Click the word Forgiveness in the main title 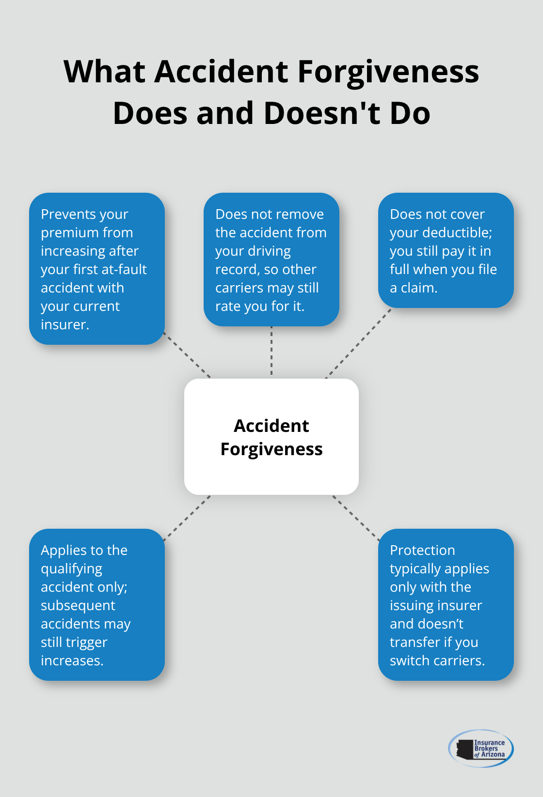(388, 72)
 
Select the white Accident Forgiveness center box (271, 436)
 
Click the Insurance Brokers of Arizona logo (480, 748)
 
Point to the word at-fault (124, 269)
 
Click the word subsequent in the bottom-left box (78, 606)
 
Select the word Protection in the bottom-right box (422, 551)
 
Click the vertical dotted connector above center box (271, 352)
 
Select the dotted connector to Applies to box (187, 517)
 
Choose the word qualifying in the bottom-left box (71, 569)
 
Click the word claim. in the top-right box (419, 288)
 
